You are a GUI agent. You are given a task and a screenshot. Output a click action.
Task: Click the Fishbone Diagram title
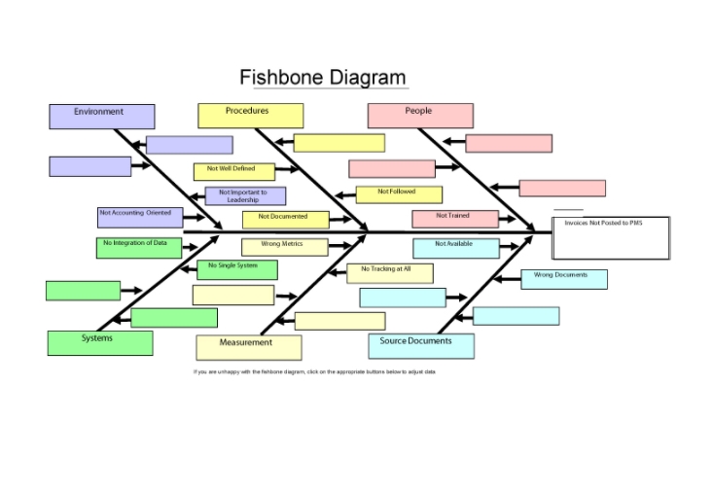[323, 78]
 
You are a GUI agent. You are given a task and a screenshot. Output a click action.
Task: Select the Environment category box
[101, 117]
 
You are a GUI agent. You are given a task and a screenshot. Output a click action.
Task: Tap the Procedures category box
[250, 116]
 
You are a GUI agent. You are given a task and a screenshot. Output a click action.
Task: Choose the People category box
[420, 116]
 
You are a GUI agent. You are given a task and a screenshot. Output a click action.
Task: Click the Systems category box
[100, 342]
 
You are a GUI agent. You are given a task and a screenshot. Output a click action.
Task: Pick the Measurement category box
[248, 347]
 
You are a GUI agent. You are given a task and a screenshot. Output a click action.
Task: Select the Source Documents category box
[421, 345]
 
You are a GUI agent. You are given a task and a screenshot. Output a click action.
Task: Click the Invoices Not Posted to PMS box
[610, 237]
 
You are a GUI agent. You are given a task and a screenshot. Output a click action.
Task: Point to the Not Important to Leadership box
[245, 196]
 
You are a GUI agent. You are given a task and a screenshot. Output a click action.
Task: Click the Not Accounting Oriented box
[139, 217]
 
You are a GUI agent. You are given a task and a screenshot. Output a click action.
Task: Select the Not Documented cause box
[286, 220]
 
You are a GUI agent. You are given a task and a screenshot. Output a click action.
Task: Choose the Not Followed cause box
[398, 194]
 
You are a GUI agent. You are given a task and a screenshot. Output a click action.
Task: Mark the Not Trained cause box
[454, 219]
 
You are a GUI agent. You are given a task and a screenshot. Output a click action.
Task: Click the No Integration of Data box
[138, 247]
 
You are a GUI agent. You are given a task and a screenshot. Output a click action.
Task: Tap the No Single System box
[236, 269]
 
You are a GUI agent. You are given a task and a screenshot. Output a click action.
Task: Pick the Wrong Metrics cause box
[285, 247]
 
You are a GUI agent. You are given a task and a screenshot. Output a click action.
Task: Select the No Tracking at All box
[389, 272]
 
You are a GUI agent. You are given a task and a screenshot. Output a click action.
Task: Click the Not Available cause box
[455, 247]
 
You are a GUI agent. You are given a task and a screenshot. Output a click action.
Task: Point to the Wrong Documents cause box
[564, 279]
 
